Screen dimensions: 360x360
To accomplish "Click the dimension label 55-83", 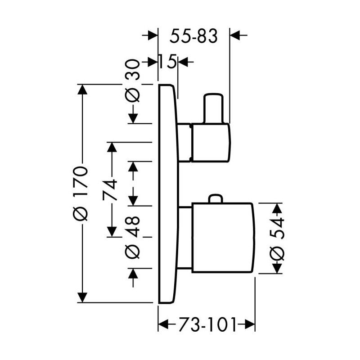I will [x=193, y=36].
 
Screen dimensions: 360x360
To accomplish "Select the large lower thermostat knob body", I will [x=223, y=238].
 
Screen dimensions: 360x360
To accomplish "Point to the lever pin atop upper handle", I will [x=213, y=108].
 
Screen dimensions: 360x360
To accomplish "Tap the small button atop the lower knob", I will [x=215, y=199].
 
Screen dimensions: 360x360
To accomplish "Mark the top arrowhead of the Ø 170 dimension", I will [x=81, y=90].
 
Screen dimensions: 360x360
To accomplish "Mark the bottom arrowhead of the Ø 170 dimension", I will [x=81, y=297].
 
